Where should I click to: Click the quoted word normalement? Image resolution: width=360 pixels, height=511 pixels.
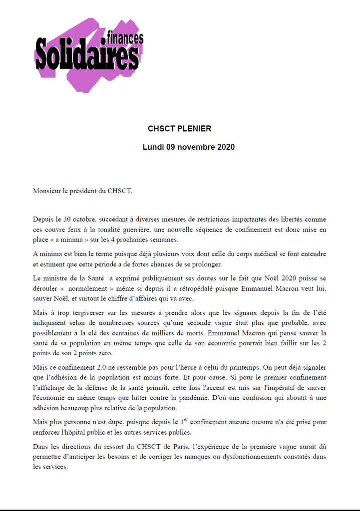87,288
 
